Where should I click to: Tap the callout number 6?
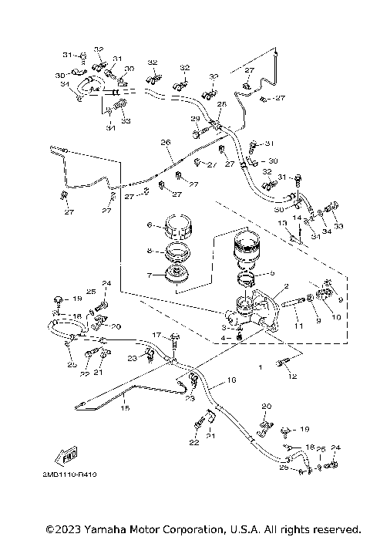pos(150,225)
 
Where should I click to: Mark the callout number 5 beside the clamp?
pos(271,273)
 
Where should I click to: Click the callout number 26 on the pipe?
pos(164,143)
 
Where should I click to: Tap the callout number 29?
pos(195,119)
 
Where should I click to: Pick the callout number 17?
pos(155,335)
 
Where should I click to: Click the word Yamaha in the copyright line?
pos(109,529)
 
